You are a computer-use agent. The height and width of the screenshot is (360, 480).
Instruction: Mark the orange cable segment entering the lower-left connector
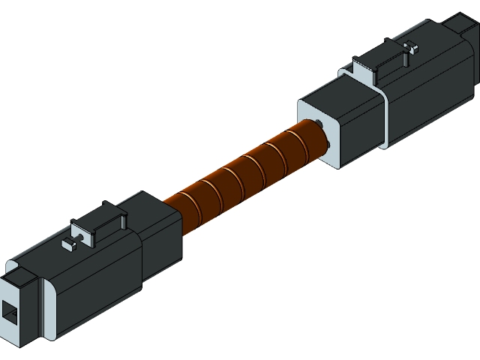[x=177, y=207]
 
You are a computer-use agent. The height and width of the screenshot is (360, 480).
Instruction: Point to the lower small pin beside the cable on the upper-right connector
[x=328, y=147]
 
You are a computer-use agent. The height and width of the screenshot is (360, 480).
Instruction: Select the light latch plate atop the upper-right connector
[x=367, y=71]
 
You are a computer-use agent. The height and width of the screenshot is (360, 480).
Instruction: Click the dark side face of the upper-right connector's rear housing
[x=431, y=90]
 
